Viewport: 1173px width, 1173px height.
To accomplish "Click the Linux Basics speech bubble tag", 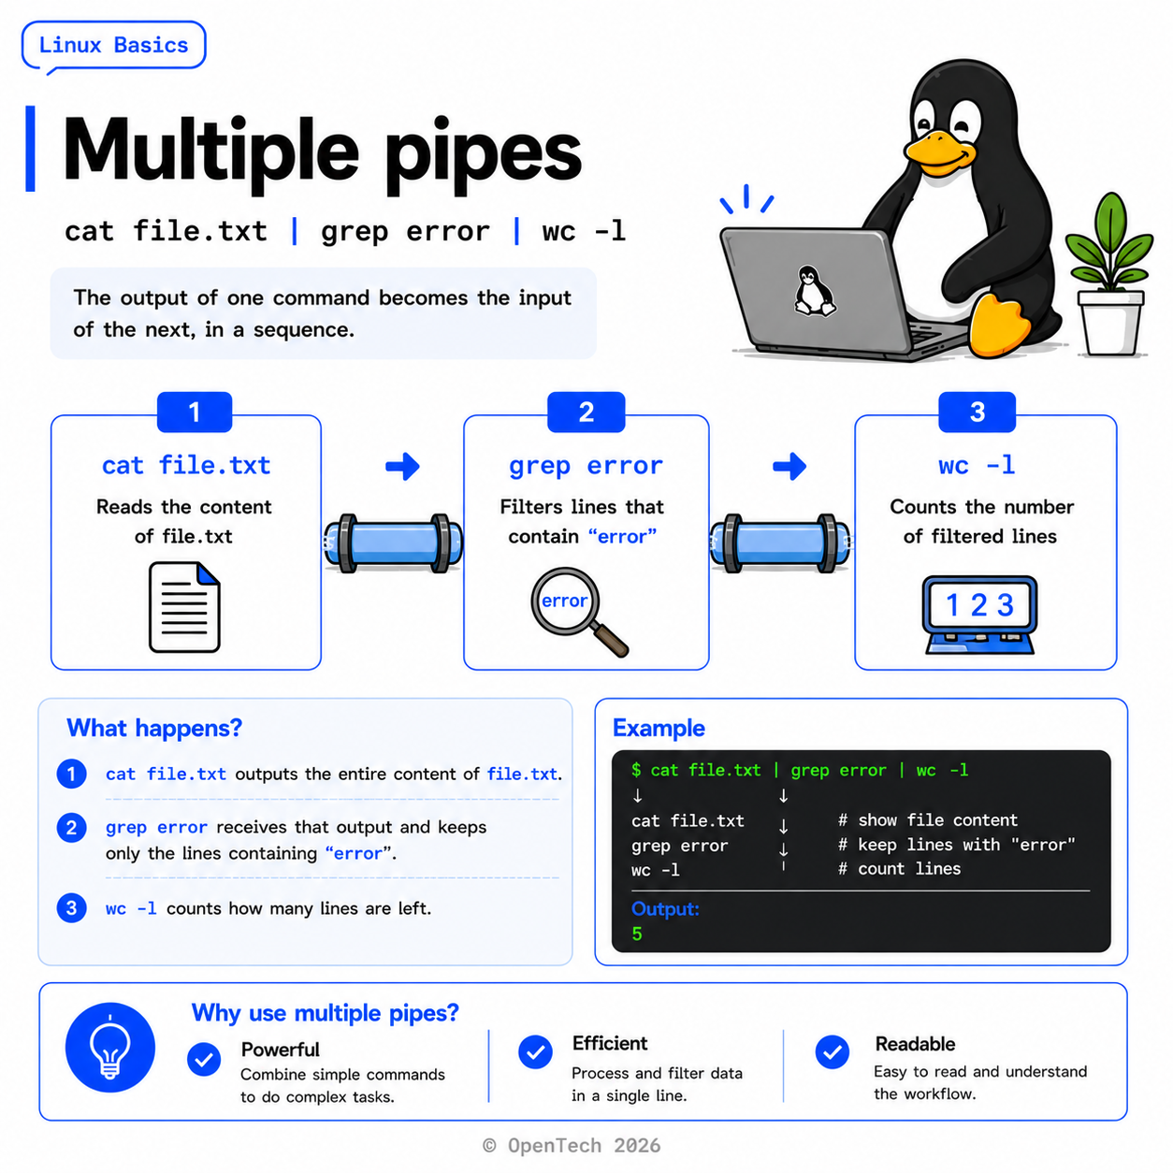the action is [114, 46].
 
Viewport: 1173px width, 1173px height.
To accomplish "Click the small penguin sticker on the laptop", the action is [814, 291].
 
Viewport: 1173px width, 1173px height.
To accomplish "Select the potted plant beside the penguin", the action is [1108, 274].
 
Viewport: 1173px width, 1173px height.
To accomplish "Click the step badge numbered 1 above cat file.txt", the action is [195, 413].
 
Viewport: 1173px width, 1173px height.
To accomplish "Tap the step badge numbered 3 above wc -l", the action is [976, 413].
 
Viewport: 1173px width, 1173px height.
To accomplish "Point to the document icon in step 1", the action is [184, 607].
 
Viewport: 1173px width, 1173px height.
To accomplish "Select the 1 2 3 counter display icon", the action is [978, 615].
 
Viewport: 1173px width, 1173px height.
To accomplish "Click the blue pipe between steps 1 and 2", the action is [393, 543].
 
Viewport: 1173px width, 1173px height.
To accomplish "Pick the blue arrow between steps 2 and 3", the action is [789, 466].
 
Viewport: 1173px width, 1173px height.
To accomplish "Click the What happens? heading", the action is [154, 728].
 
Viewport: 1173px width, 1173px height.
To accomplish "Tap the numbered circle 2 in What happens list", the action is [71, 828].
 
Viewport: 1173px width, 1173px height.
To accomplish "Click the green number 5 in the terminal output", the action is [637, 934].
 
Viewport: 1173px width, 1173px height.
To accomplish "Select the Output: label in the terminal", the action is [665, 909].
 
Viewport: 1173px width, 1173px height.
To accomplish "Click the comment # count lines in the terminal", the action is [899, 869].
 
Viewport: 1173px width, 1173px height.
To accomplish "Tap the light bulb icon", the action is [110, 1047].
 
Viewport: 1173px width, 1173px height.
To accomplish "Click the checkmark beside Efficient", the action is [535, 1052].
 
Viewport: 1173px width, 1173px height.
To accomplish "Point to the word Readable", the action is [915, 1044].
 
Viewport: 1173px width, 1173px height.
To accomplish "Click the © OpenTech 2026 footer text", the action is [572, 1146].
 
